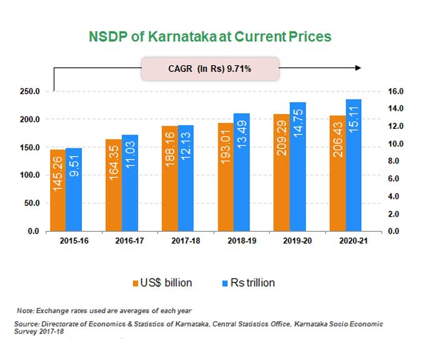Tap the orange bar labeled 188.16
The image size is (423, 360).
pyautogui.click(x=169, y=178)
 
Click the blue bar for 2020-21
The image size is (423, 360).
pyautogui.click(x=353, y=165)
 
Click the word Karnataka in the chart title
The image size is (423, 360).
pyautogui.click(x=173, y=36)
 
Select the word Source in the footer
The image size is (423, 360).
pyautogui.click(x=26, y=324)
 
